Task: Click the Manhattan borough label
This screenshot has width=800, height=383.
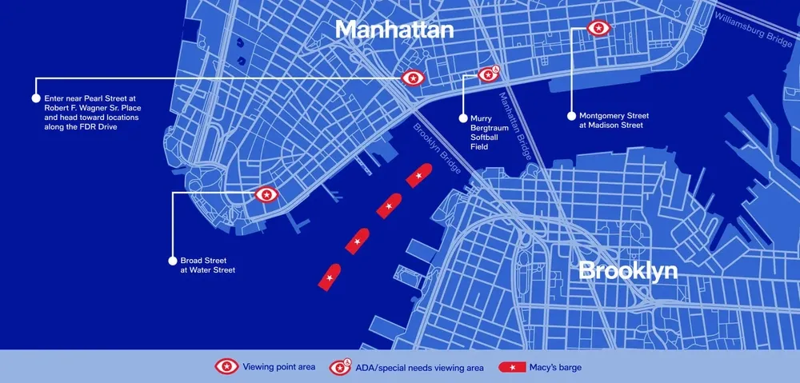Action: pyautogui.click(x=394, y=30)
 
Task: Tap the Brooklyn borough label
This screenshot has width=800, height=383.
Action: pyautogui.click(x=627, y=271)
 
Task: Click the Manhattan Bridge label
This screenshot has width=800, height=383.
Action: pyautogui.click(x=515, y=126)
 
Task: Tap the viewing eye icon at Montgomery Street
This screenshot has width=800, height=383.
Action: pyautogui.click(x=598, y=29)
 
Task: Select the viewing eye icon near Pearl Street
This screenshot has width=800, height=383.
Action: pyautogui.click(x=412, y=78)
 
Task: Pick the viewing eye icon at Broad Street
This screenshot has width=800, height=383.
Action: pyautogui.click(x=266, y=194)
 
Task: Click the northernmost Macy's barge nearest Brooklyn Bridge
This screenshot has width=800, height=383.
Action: pyautogui.click(x=418, y=175)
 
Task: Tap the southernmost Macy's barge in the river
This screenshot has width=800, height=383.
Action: pyautogui.click(x=330, y=277)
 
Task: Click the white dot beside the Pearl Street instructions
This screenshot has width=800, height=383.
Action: pyautogui.click(x=35, y=98)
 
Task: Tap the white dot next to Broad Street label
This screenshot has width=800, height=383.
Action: pyautogui.click(x=171, y=261)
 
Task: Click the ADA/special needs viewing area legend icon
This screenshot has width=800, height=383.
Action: pyautogui.click(x=342, y=367)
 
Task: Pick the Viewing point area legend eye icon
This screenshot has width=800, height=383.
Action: pyautogui.click(x=226, y=367)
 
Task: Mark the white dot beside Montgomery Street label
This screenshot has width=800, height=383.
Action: pyautogui.click(x=572, y=115)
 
